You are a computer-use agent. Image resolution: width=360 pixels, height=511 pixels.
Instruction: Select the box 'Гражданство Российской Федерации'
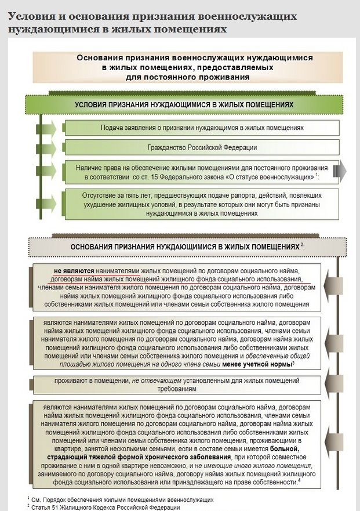202,147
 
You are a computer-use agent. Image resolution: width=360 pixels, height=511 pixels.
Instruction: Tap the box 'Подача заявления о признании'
202,127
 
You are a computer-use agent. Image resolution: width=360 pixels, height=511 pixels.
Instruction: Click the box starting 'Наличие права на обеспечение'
202,171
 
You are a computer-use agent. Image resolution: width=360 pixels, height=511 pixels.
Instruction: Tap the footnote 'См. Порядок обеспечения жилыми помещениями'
122,499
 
